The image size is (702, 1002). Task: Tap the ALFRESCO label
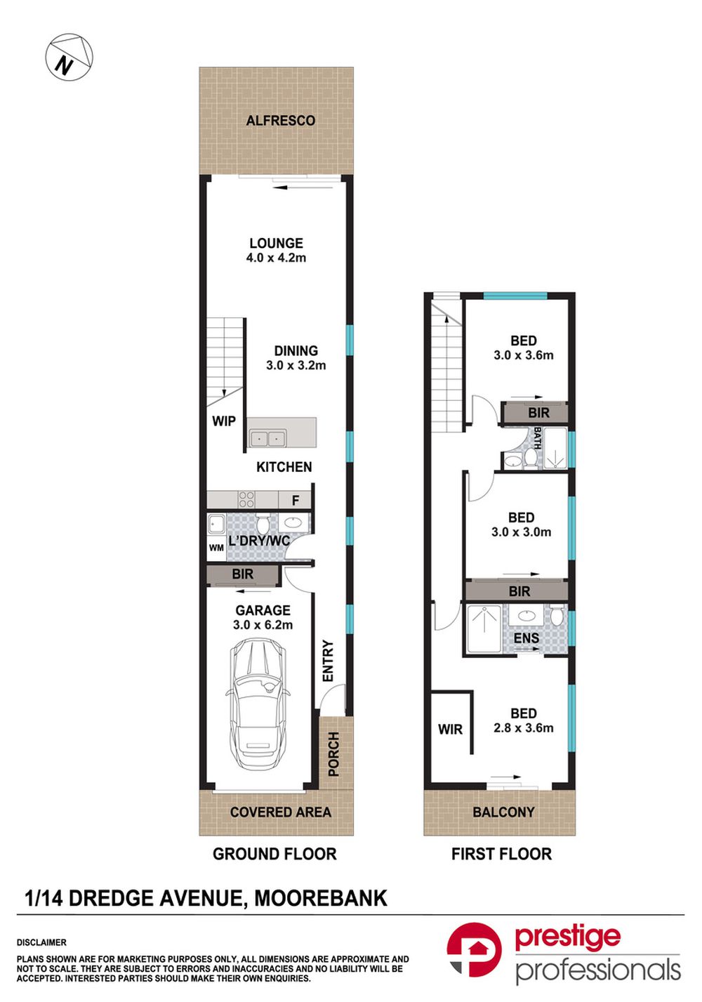(280, 121)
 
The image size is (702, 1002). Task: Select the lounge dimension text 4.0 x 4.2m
(276, 258)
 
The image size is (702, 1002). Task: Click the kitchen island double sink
(267, 439)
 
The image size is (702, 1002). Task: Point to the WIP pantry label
(224, 421)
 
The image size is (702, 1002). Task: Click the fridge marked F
(296, 501)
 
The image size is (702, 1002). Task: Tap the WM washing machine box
(216, 548)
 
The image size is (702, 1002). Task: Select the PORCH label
(333, 754)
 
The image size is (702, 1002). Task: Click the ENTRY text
(328, 661)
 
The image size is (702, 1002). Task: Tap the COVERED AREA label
(280, 812)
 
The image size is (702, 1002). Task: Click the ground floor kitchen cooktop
(246, 500)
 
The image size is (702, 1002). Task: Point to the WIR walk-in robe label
(450, 730)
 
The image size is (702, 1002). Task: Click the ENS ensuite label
(526, 638)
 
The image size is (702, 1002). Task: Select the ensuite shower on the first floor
(484, 629)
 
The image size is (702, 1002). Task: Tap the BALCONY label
(503, 812)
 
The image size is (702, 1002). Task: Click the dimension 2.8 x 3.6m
(524, 728)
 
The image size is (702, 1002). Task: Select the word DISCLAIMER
(41, 942)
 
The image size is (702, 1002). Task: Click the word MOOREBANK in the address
(320, 898)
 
